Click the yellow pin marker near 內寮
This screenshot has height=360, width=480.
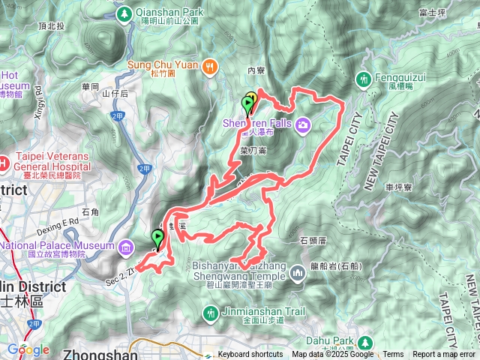[x=252, y=98]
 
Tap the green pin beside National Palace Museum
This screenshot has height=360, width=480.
[x=157, y=238]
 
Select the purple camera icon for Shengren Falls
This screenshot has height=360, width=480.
[x=303, y=124]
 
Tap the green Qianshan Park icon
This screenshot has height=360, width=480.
[x=124, y=13]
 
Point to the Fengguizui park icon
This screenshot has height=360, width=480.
[x=364, y=78]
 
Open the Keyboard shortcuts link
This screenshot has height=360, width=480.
[x=250, y=355]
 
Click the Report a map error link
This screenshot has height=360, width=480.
[x=444, y=355]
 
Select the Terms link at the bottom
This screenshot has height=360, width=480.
[x=393, y=355]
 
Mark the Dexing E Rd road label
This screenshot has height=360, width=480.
[x=59, y=223]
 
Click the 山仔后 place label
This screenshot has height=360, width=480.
[x=115, y=94]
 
